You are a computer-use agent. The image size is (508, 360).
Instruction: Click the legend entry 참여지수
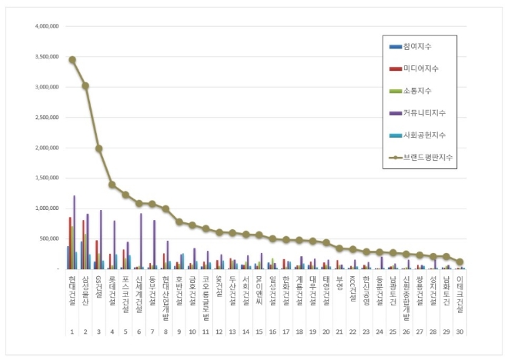(x=423, y=47)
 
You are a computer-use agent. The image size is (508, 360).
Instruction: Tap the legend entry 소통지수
(x=423, y=91)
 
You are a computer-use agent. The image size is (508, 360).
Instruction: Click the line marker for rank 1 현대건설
(x=72, y=59)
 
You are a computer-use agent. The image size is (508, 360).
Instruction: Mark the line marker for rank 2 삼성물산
(x=85, y=85)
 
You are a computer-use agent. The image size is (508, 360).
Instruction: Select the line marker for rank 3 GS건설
(x=99, y=148)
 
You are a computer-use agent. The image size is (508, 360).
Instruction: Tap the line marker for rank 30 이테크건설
(x=460, y=262)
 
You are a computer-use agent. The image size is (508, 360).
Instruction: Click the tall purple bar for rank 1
(x=75, y=232)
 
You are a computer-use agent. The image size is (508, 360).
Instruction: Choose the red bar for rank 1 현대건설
(x=70, y=242)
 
